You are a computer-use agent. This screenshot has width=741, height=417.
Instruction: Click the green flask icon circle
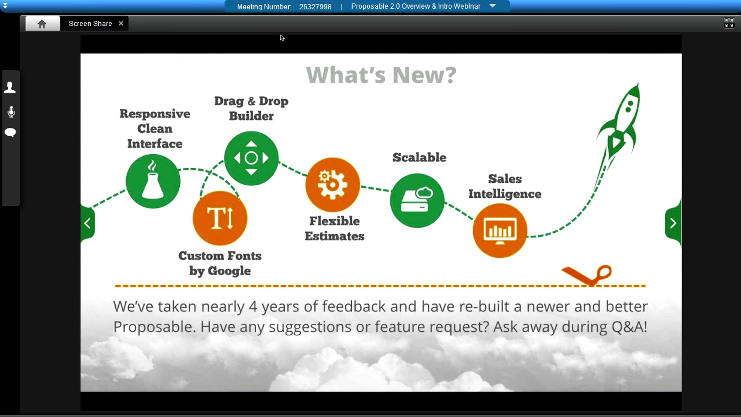click(x=153, y=181)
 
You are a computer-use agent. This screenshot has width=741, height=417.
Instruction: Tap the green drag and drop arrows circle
click(x=251, y=158)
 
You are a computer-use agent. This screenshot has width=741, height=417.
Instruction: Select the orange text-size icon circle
click(x=220, y=218)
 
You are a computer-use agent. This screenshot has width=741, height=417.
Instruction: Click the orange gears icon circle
click(x=333, y=185)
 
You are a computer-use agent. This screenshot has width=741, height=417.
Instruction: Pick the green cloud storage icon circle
click(x=417, y=200)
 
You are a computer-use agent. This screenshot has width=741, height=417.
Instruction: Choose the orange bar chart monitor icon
click(x=500, y=231)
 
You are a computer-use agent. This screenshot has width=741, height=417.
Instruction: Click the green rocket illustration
click(x=617, y=124)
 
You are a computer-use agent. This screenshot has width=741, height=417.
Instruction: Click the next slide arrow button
click(x=673, y=223)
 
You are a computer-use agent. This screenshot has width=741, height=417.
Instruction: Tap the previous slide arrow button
click(x=88, y=223)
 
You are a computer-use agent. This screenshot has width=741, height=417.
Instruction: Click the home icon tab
click(x=42, y=23)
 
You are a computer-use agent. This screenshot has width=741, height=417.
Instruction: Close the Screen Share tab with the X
click(x=121, y=23)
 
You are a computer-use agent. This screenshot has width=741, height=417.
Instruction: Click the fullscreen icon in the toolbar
click(x=729, y=23)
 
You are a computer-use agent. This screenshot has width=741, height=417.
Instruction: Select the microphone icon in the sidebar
click(x=11, y=112)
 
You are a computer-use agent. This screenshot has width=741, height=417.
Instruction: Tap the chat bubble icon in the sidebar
click(x=10, y=133)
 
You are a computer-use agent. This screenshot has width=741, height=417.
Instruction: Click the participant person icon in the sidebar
click(x=10, y=87)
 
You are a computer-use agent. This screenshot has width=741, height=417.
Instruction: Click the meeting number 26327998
click(x=315, y=6)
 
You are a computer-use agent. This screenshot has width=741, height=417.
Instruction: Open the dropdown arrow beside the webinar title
click(x=493, y=6)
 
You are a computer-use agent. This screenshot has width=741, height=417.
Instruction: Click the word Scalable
click(x=419, y=157)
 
